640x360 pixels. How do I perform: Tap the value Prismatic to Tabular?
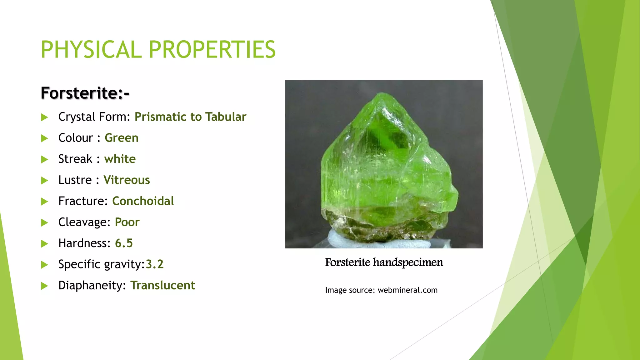[x=190, y=117]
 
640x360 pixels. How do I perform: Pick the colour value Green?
[x=122, y=138]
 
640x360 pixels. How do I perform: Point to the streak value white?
[x=120, y=159]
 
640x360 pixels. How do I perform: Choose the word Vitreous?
[x=127, y=180]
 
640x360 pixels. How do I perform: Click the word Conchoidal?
[x=143, y=201]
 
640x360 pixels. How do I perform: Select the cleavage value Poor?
[x=127, y=222]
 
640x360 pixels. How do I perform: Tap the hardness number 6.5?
[x=124, y=243]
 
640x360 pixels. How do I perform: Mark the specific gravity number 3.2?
[x=155, y=264]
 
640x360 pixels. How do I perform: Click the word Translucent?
[x=162, y=285]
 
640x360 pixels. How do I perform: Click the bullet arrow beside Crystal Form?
[x=44, y=117]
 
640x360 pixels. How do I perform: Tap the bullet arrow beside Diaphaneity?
[x=44, y=286]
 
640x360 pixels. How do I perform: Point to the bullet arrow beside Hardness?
[x=44, y=244]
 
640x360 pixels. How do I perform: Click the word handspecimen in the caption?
[x=408, y=262]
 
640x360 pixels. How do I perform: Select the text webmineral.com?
[x=407, y=290]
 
